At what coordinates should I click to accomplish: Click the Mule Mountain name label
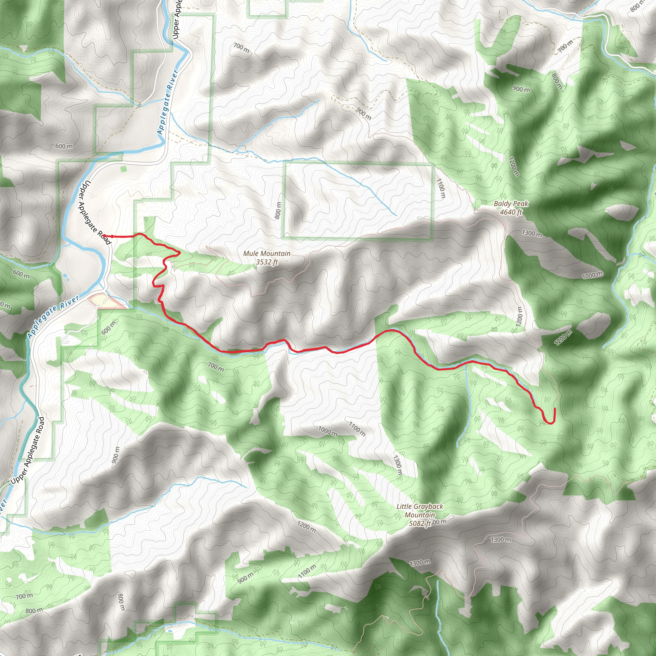tap(266, 254)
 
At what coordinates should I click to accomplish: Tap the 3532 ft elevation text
tap(266, 262)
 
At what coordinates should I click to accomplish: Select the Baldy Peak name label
tap(511, 204)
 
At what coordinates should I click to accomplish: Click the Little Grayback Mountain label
tap(420, 511)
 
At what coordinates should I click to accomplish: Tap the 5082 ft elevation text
tap(420, 524)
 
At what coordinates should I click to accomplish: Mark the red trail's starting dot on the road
tap(104, 236)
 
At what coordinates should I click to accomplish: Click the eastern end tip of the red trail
tap(554, 408)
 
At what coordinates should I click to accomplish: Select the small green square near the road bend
tap(124, 169)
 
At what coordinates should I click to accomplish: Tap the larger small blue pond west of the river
tap(64, 276)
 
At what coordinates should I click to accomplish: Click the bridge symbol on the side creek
tap(139, 105)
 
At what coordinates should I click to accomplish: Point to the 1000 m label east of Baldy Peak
tap(592, 275)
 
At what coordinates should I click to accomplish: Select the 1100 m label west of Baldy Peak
tap(440, 189)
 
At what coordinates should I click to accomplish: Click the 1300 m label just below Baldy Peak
tap(532, 233)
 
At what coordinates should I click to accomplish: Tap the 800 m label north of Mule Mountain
tap(278, 210)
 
